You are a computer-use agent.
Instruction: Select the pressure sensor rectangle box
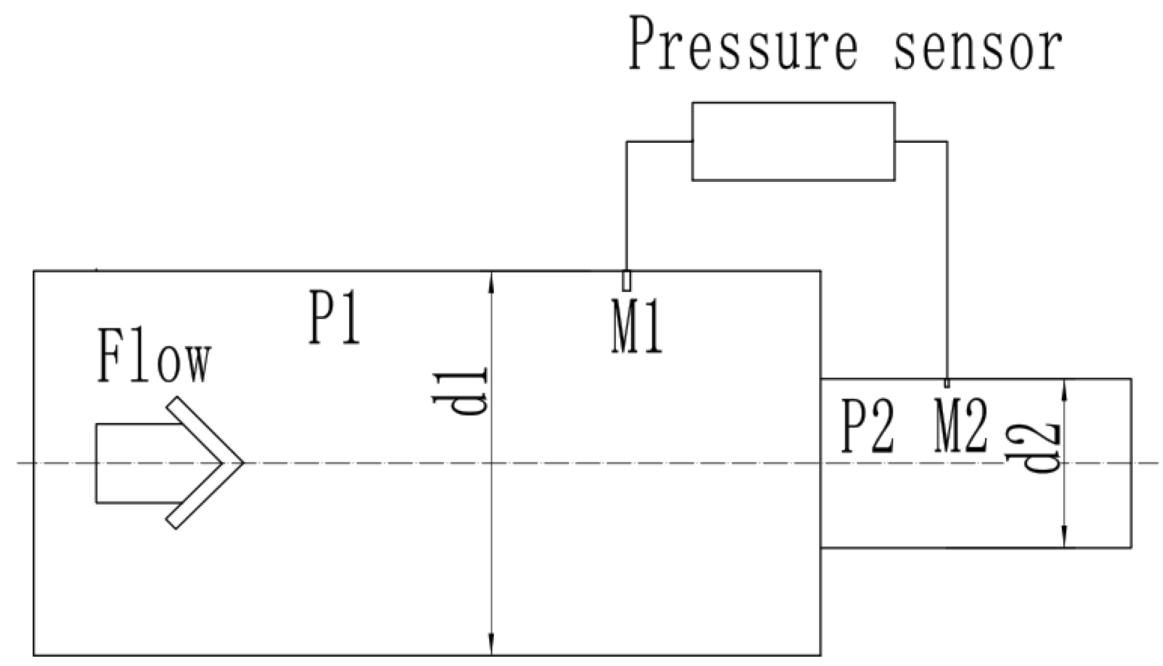point(793,142)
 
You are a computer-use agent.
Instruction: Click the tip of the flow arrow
point(242,462)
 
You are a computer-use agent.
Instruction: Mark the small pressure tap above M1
point(626,281)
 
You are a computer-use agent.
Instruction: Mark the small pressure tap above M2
point(947,383)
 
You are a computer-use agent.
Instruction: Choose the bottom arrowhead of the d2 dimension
point(1065,538)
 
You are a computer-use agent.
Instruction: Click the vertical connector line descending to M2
point(947,261)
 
